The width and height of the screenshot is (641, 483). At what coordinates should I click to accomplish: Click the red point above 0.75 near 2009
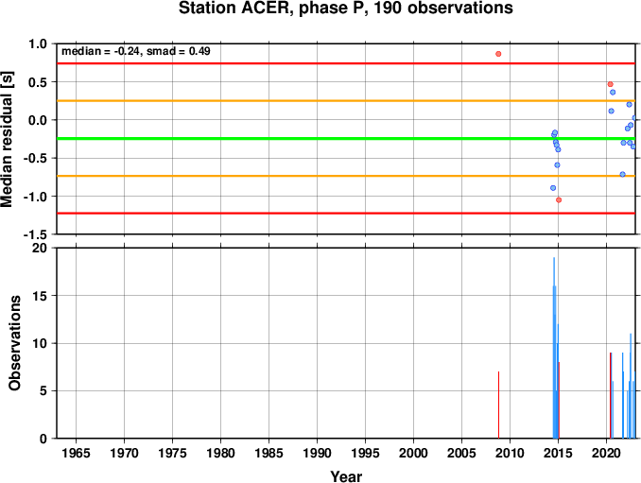click(x=498, y=54)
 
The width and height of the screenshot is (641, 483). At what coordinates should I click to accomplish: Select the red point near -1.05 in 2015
click(x=559, y=199)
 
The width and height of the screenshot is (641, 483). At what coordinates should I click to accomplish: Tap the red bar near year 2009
click(x=499, y=405)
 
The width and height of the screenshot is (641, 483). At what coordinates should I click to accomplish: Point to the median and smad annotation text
click(x=136, y=51)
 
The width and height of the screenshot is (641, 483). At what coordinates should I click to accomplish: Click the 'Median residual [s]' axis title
click(x=7, y=139)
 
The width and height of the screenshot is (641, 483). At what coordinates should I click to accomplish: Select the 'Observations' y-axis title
click(x=15, y=343)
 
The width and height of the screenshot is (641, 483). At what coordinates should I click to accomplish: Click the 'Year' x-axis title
click(x=346, y=476)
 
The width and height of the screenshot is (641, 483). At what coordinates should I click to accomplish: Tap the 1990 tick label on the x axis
click(x=318, y=453)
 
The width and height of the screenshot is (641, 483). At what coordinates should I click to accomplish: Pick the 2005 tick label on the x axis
click(x=462, y=453)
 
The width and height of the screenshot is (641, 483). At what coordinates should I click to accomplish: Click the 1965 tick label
click(x=76, y=453)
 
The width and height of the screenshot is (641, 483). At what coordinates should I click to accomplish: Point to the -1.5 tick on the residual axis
click(x=35, y=234)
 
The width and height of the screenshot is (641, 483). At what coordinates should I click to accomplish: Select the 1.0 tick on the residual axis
click(x=38, y=43)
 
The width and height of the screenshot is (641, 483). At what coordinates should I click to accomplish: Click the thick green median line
click(x=346, y=139)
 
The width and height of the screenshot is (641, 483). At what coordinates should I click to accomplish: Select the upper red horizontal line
click(x=346, y=63)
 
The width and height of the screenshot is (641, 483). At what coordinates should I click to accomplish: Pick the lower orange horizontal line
click(x=346, y=176)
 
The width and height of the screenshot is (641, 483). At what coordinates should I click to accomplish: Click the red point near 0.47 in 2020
click(x=611, y=84)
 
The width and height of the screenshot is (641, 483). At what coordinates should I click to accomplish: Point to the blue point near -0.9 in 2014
click(x=553, y=188)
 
